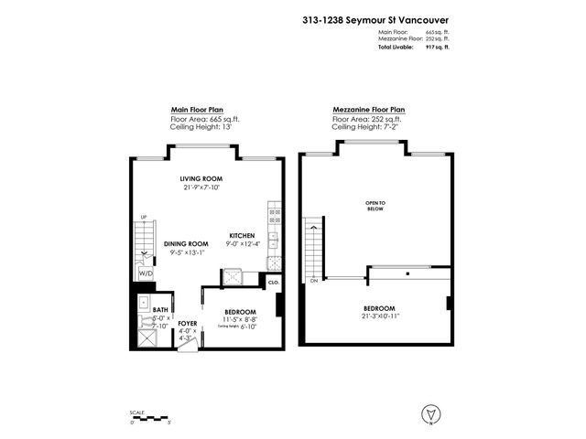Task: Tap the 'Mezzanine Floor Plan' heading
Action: tap(369, 108)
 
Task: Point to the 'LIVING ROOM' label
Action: tap(201, 178)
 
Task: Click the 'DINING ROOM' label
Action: tap(187, 243)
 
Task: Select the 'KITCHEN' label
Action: tap(242, 235)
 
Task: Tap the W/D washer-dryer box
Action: tap(146, 273)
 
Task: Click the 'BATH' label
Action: tap(160, 311)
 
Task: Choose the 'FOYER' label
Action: tap(189, 324)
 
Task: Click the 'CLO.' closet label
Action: tap(274, 284)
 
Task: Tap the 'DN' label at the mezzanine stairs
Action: tap(313, 281)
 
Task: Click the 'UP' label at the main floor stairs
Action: tap(143, 217)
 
